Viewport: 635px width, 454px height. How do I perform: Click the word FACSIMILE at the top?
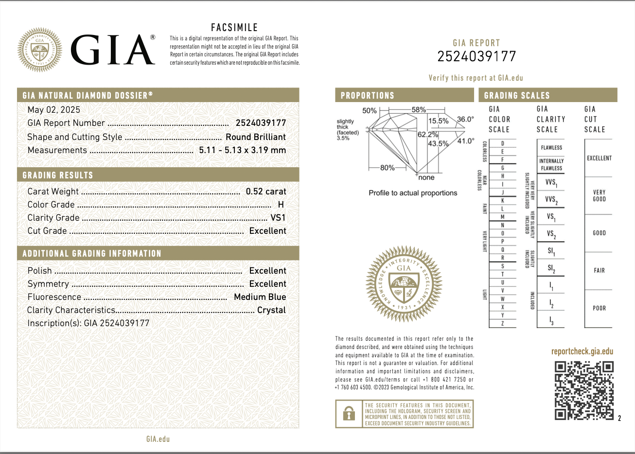pos(234,28)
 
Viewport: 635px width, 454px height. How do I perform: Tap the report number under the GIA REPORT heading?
pos(476,56)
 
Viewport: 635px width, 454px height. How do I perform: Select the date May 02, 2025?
pos(54,110)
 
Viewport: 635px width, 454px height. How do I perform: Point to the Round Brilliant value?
pos(256,137)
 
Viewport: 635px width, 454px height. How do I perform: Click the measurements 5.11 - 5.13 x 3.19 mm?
pos(242,150)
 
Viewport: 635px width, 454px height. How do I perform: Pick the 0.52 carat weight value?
pos(266,192)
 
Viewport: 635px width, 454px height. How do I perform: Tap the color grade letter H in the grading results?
pos(281,205)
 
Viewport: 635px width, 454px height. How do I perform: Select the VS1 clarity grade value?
pos(278,218)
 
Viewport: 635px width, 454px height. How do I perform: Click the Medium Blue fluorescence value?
pos(260,297)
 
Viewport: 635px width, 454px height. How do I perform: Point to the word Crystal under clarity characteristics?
pos(271,310)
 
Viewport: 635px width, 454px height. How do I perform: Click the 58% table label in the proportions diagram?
pos(419,110)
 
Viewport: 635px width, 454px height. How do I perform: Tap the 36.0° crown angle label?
pos(465,119)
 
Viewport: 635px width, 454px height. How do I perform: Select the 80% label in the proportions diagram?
pos(388,168)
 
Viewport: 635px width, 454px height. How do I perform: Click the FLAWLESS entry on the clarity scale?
pos(551,148)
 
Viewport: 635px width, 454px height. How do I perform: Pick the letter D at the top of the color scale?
pos(503,143)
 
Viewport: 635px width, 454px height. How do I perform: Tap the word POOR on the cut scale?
pos(599,308)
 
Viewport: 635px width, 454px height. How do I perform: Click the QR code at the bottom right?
pos(584,390)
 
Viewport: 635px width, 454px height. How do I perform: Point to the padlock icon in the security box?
pos(349,414)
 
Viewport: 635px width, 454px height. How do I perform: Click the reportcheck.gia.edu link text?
pos(582,351)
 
